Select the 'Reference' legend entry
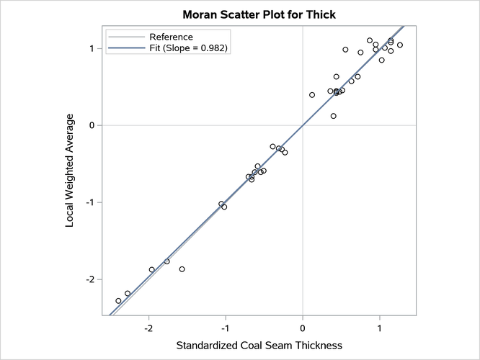(171, 37)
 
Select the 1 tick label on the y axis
(92, 48)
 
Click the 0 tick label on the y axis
(92, 125)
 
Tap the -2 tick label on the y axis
(89, 279)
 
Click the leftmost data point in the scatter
(118, 301)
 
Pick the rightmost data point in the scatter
(400, 45)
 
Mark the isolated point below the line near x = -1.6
(182, 269)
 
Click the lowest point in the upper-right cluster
(333, 116)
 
